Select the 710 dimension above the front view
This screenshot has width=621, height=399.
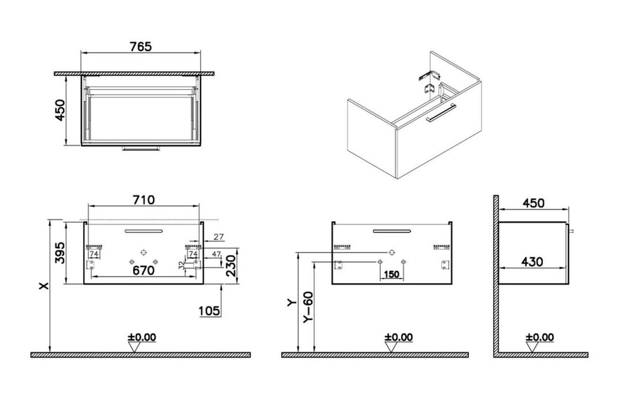pos(143,200)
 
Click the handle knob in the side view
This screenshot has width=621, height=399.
pos(571,231)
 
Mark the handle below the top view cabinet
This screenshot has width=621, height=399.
pos(141,149)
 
